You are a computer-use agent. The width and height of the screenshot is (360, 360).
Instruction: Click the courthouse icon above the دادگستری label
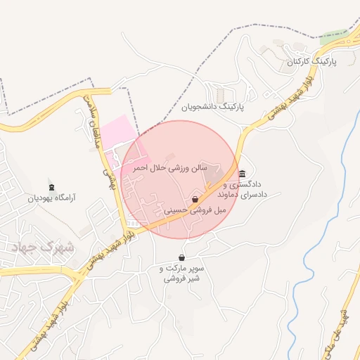point(243,174)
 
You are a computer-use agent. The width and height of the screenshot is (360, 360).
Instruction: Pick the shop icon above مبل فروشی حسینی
point(195,200)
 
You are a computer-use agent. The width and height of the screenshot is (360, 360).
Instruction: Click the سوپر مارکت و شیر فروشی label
point(182,274)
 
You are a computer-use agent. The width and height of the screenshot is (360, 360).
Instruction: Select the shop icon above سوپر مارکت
point(182,257)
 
